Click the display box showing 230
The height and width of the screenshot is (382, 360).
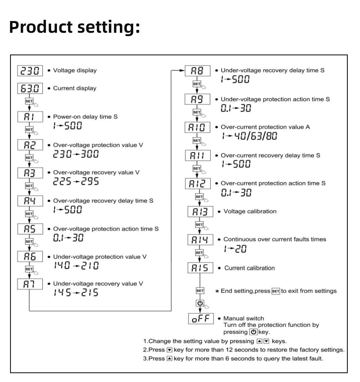coord(31,71)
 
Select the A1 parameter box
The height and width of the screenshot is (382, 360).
coord(31,117)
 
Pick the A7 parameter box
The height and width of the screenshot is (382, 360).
coord(31,284)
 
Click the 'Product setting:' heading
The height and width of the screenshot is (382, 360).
coord(74,27)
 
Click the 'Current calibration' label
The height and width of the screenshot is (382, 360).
coord(249,268)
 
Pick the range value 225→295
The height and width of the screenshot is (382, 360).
coord(76,181)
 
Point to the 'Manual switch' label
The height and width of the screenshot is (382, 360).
coord(244,319)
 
